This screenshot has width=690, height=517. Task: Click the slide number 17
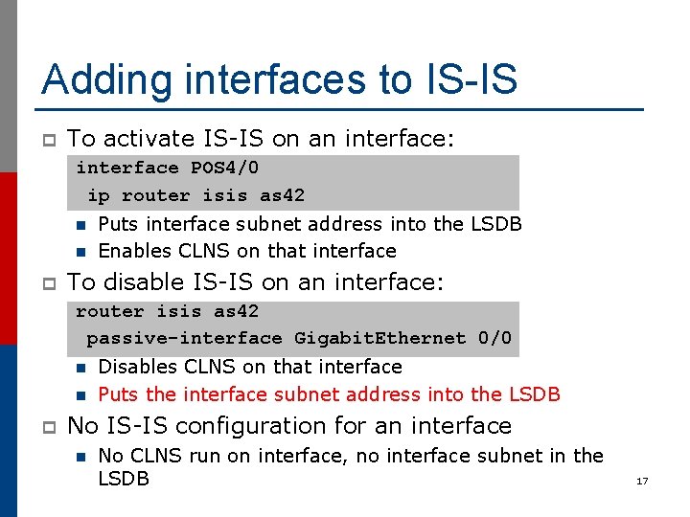[642, 481]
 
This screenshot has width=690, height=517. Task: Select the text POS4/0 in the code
[224, 169]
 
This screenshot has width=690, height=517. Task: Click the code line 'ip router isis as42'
[195, 195]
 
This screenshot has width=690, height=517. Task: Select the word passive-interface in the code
[184, 338]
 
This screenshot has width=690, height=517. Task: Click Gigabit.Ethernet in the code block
[379, 338]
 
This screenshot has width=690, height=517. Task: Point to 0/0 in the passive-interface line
[494, 338]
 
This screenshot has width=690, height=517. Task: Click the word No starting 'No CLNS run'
[111, 456]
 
